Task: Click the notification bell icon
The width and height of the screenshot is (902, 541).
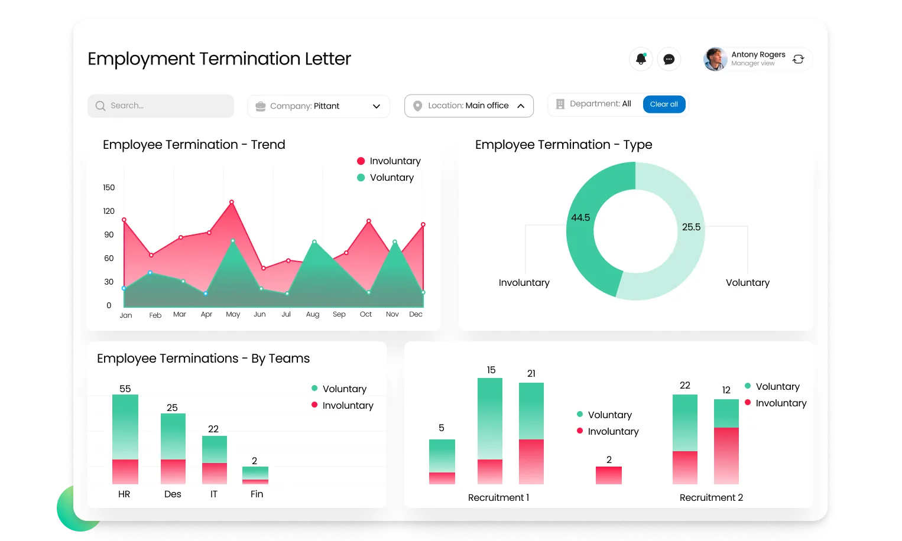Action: (x=641, y=59)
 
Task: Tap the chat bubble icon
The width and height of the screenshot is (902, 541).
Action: (x=669, y=59)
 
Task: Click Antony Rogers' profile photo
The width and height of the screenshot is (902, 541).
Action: (x=715, y=59)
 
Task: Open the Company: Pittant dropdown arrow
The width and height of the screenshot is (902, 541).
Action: (x=377, y=106)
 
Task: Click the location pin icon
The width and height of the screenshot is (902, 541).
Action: (x=417, y=106)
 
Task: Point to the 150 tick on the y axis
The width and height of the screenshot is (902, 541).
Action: (x=109, y=188)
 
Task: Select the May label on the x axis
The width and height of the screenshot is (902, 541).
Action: (x=233, y=314)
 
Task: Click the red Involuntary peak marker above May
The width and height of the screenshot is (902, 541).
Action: (x=232, y=202)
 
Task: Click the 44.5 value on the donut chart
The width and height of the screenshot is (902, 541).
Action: (x=580, y=218)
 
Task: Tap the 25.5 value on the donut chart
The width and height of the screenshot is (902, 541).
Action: (x=691, y=227)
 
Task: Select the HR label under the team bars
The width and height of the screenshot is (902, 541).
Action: (x=124, y=494)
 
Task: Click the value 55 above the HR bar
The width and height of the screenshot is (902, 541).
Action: (x=125, y=389)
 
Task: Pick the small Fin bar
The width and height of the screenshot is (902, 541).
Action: (x=255, y=475)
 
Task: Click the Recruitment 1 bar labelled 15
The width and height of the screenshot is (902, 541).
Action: (x=490, y=431)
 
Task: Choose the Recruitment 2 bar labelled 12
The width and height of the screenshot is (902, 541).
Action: (x=726, y=442)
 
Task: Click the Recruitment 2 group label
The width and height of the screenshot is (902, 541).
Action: (x=711, y=498)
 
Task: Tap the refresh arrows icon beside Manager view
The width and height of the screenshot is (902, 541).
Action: (x=799, y=59)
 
